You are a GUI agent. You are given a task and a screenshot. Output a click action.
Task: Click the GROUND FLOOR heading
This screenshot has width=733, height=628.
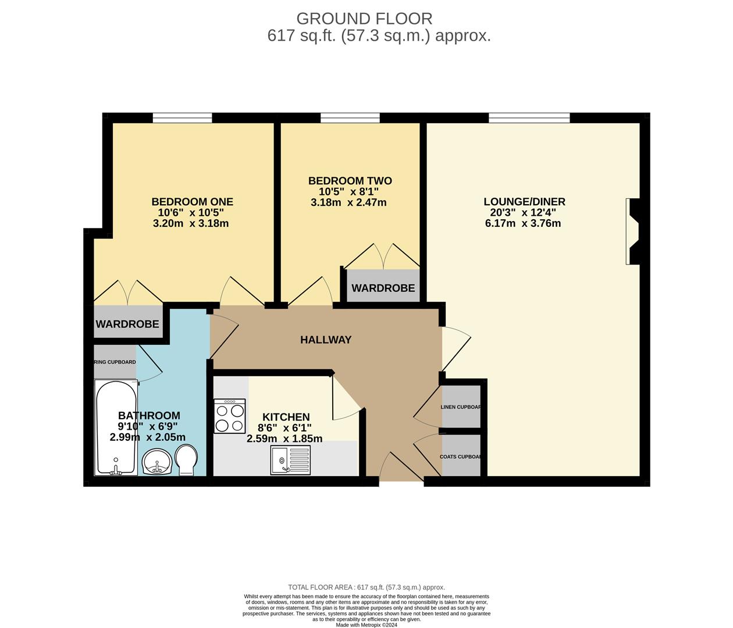[x=364, y=19]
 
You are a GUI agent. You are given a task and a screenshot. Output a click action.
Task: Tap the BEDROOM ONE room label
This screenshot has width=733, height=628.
[x=192, y=202]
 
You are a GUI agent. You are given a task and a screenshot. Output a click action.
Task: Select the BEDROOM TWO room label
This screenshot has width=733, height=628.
[x=350, y=181]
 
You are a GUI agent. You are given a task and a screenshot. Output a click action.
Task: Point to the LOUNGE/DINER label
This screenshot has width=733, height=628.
[x=524, y=202]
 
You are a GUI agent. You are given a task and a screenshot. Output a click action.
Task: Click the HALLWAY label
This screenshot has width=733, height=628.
[x=326, y=340]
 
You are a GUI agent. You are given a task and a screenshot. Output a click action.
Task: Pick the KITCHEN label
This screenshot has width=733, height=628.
[x=286, y=417]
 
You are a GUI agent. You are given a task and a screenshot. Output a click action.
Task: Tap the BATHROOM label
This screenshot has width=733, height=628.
[x=149, y=415]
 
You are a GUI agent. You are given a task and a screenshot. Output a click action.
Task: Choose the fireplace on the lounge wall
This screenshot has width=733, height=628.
[x=632, y=231]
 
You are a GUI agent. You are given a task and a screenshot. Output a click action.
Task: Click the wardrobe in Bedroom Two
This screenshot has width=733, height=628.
[x=383, y=287]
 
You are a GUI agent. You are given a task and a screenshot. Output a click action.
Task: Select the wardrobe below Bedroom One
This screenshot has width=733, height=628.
[x=127, y=323]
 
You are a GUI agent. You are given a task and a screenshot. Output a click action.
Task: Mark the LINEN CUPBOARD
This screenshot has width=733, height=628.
[x=461, y=406]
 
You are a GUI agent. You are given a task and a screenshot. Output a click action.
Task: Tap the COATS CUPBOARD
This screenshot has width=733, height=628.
[x=461, y=456]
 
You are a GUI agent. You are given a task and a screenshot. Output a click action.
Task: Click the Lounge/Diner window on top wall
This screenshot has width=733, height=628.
[x=529, y=118]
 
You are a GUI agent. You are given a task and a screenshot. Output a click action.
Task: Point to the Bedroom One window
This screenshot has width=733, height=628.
[x=182, y=118]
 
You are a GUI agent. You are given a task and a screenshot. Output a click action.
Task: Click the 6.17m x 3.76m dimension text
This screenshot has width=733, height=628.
[x=522, y=223]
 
